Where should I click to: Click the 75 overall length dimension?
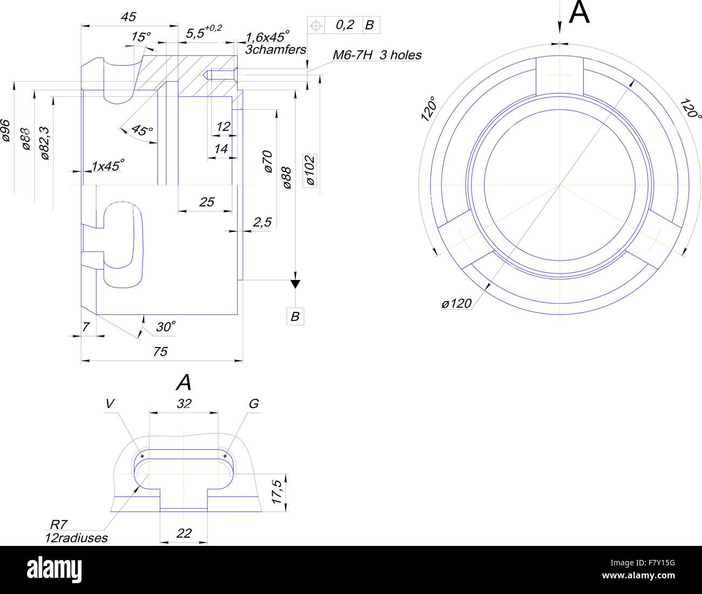tap(160, 352)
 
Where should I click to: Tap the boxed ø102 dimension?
tap(310, 170)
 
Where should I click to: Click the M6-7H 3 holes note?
tap(376, 55)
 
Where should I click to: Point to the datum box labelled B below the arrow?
tap(295, 317)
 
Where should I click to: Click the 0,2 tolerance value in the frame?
tap(345, 24)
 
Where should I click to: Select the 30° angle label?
tap(166, 326)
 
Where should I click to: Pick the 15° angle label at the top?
tap(141, 37)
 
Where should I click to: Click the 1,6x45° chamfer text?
tap(268, 37)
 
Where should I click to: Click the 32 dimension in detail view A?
tap(184, 403)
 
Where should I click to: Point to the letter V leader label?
tap(110, 403)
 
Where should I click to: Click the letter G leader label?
tap(254, 403)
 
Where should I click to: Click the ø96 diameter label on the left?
tap(6, 130)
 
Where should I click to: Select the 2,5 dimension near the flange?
tap(262, 222)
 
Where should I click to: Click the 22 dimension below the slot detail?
tap(184, 533)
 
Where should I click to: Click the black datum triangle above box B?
tap(295, 284)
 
